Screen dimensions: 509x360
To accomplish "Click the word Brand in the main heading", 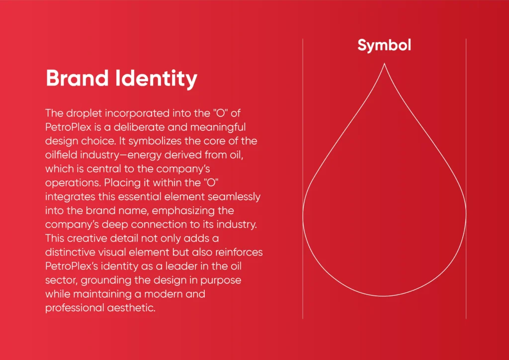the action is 77,78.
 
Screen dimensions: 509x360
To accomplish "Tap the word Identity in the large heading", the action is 157,79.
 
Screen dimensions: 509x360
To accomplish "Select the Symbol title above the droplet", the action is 384,45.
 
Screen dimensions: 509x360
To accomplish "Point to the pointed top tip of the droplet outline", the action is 384,64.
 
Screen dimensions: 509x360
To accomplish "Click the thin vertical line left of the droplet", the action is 303,179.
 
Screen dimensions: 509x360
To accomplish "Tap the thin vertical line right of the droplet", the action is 466,179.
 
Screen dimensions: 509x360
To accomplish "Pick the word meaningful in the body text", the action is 218,127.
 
